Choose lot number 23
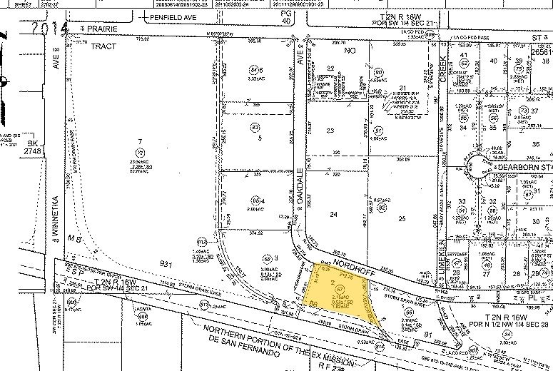click(330, 131)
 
